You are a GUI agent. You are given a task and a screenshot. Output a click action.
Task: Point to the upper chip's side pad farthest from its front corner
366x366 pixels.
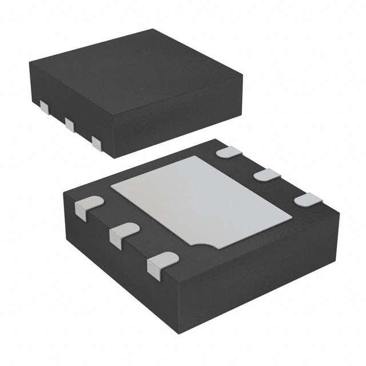(45, 106)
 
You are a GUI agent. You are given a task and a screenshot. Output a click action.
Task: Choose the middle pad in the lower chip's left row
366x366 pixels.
(121, 235)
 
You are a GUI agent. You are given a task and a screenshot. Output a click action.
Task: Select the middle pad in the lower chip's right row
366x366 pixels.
(266, 175)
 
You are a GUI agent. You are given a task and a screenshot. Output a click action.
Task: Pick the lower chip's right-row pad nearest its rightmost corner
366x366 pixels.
(308, 200)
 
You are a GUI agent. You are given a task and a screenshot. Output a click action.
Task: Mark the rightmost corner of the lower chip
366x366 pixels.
(339, 214)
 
